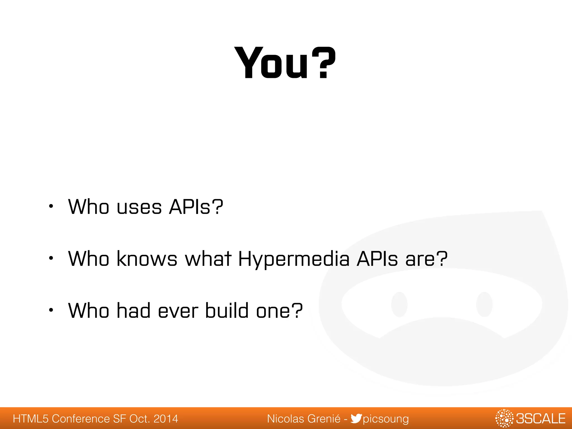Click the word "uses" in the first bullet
[x=139, y=207]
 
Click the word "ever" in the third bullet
[x=178, y=311]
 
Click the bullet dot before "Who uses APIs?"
[x=51, y=207]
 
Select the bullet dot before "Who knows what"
[x=51, y=258]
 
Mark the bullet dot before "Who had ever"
[x=51, y=310]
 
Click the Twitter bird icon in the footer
[x=356, y=419]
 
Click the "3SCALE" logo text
[x=540, y=419]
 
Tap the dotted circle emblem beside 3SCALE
[x=504, y=418]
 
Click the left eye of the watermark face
[x=399, y=304]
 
